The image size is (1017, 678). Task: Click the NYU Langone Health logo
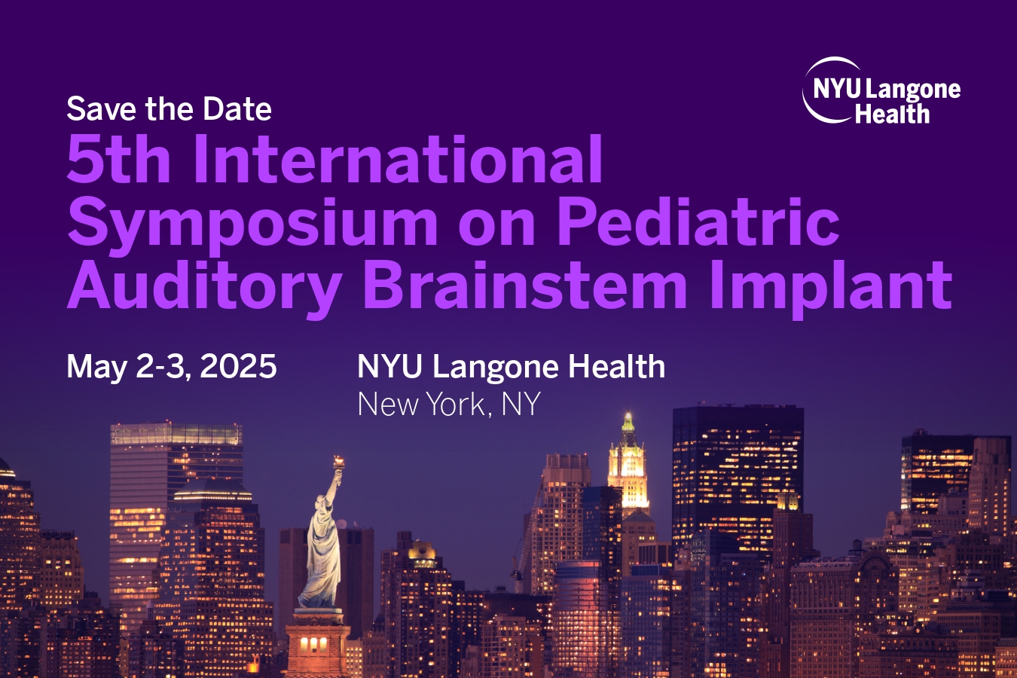click(x=881, y=91)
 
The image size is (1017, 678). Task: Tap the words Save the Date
click(x=169, y=109)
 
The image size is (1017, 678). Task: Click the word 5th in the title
click(x=118, y=159)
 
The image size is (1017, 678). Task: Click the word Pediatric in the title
click(x=698, y=221)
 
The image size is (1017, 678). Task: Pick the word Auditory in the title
click(x=204, y=287)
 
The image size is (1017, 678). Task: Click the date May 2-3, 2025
click(x=171, y=367)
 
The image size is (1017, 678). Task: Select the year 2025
click(x=238, y=366)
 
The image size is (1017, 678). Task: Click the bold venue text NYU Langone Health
click(x=511, y=366)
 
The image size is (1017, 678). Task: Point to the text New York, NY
click(x=448, y=404)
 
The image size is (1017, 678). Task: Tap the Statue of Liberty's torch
click(x=339, y=463)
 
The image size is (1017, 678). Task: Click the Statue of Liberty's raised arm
click(x=333, y=486)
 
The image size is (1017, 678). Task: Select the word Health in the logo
click(x=892, y=114)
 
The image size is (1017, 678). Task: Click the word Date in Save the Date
click(x=237, y=109)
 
